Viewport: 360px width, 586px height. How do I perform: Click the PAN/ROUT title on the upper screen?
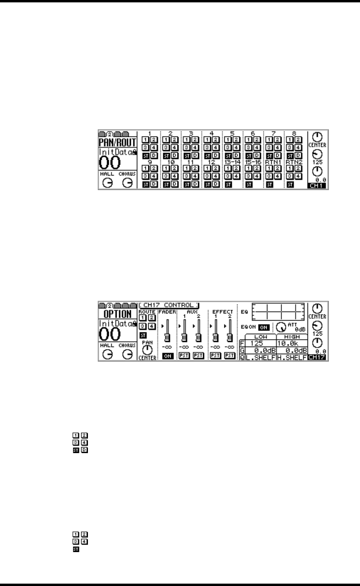(117, 142)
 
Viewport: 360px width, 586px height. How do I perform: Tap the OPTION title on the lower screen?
(117, 314)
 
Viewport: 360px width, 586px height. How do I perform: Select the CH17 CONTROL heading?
(169, 305)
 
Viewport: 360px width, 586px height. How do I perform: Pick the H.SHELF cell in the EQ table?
(292, 357)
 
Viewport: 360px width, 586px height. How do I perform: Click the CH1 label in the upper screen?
(317, 186)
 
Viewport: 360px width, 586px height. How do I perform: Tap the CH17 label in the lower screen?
(317, 358)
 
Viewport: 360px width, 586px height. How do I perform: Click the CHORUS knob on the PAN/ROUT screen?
(127, 183)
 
